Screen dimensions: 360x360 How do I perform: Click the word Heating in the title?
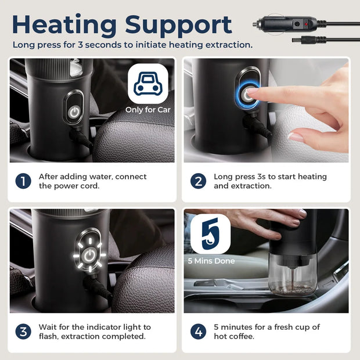(x=64, y=25)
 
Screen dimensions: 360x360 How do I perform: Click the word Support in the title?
(x=178, y=26)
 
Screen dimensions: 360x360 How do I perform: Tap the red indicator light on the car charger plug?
(x=306, y=24)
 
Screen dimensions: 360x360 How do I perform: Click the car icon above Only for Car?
(x=148, y=84)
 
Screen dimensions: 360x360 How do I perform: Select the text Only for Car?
(x=148, y=110)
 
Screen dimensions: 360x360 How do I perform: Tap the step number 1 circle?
(x=23, y=181)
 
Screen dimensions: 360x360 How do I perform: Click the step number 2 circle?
(x=198, y=181)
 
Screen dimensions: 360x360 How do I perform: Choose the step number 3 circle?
(x=23, y=332)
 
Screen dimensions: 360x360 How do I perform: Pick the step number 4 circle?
(x=198, y=332)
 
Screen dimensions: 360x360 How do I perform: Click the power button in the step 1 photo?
(x=74, y=112)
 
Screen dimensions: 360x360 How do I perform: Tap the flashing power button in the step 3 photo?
(x=89, y=255)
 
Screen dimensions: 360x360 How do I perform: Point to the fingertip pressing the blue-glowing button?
(x=251, y=91)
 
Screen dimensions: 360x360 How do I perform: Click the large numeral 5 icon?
(x=211, y=234)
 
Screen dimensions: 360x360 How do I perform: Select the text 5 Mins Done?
(x=211, y=261)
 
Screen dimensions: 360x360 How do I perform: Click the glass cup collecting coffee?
(x=292, y=275)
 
